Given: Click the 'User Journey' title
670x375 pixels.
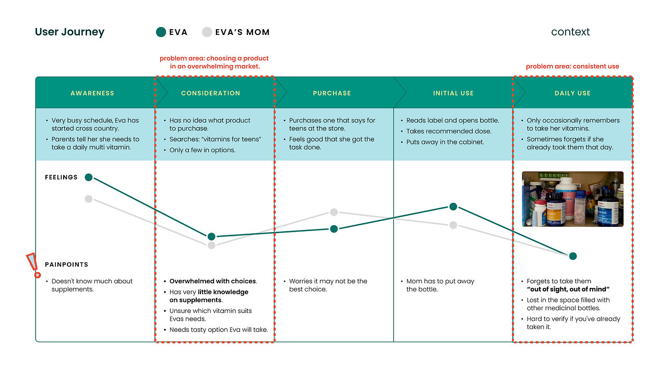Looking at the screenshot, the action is [x=69, y=32].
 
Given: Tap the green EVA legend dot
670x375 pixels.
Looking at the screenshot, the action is [x=161, y=32].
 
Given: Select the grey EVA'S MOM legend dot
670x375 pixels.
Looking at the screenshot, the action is [x=207, y=32].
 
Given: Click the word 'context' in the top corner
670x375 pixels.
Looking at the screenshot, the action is [x=570, y=32].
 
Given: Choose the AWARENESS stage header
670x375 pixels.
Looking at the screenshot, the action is [x=92, y=93].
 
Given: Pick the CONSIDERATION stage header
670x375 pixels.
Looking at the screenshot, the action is [x=210, y=93].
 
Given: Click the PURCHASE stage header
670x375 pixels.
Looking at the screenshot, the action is [x=332, y=93].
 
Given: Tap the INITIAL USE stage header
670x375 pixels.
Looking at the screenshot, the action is [x=453, y=93].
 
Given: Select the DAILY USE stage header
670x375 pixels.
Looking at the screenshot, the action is [x=572, y=93].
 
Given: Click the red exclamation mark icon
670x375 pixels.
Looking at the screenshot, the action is [x=34, y=265].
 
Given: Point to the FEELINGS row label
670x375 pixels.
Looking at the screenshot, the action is [x=61, y=177].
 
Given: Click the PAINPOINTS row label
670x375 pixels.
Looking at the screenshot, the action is [x=66, y=264].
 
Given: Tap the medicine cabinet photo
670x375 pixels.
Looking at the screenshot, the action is [x=572, y=199].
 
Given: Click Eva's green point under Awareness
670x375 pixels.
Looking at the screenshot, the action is [x=89, y=177].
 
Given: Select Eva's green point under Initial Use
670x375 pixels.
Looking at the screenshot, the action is [x=453, y=207].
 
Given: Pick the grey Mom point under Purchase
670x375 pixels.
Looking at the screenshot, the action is [x=334, y=212].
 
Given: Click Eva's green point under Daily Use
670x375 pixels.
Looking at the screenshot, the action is [x=573, y=256].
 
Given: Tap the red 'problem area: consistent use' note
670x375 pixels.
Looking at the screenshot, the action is [x=572, y=67].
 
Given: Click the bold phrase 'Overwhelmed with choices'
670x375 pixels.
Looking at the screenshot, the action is [x=212, y=282].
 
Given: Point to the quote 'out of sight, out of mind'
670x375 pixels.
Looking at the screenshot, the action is [x=568, y=289].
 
